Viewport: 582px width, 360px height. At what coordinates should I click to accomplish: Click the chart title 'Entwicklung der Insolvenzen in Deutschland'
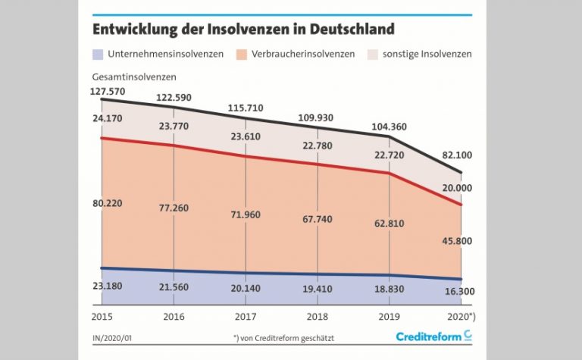click(243, 30)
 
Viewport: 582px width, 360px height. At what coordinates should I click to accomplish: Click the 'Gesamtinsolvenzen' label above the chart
click(134, 77)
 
